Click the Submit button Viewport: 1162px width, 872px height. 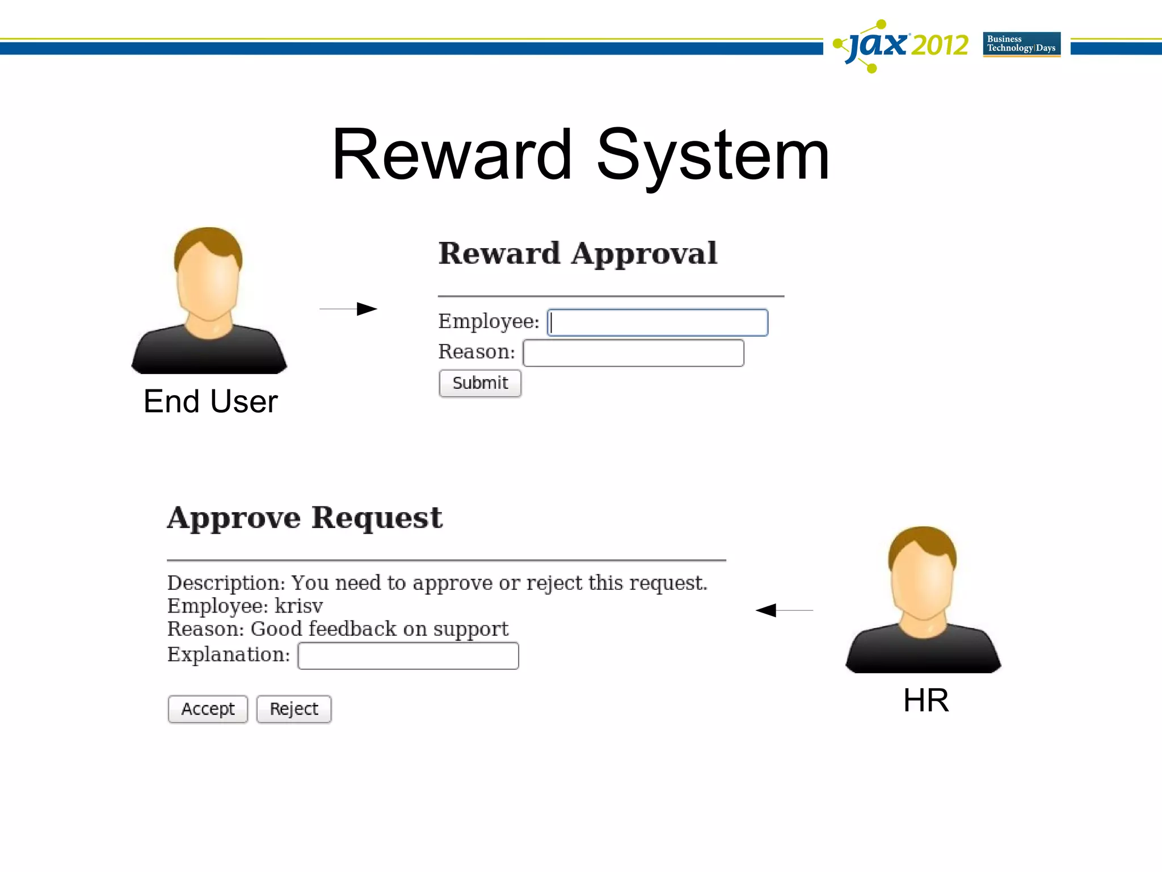480,384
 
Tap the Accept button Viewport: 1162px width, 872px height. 208,709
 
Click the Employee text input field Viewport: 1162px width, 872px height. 658,322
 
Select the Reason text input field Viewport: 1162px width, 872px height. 633,353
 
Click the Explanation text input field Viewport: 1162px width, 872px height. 408,656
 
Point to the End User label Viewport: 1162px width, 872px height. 210,401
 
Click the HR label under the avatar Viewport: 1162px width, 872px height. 925,700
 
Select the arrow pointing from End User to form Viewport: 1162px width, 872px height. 348,309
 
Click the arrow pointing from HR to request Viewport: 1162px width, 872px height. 784,610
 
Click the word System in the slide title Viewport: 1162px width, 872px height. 713,156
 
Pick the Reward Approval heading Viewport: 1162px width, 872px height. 578,253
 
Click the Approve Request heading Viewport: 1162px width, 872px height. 305,518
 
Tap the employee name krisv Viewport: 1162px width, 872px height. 299,606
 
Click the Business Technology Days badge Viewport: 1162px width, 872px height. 1021,44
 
